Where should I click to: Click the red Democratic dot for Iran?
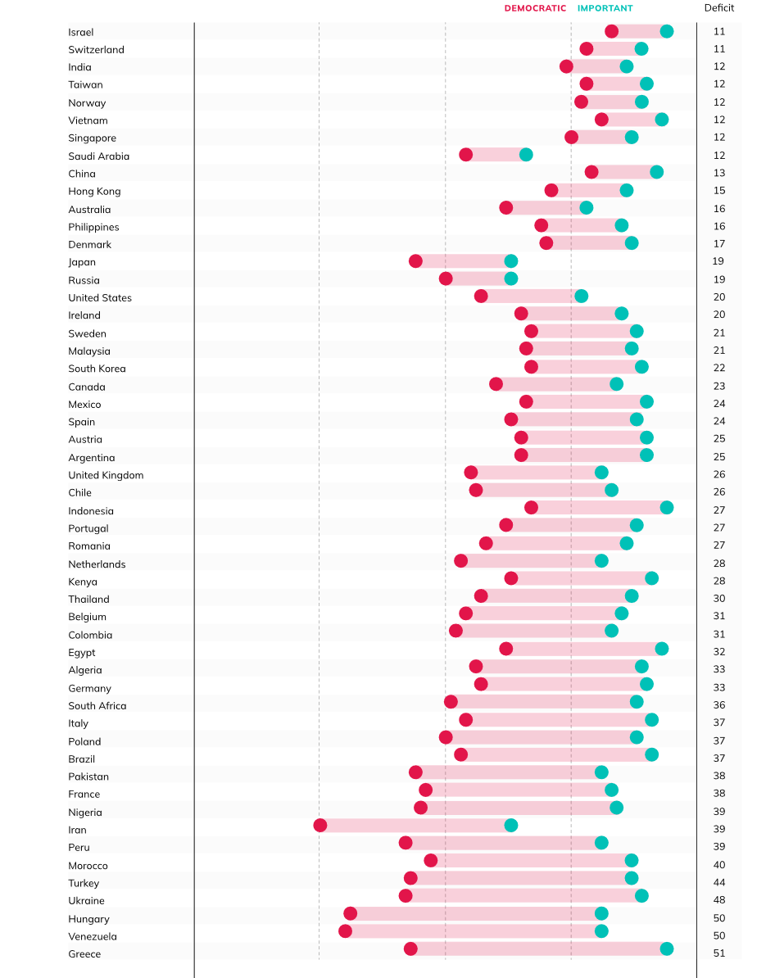(320, 825)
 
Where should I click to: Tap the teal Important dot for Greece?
(667, 949)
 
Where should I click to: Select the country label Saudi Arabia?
(98, 156)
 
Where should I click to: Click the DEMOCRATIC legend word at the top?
(535, 8)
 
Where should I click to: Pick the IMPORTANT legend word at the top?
(605, 8)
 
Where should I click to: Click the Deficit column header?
(718, 8)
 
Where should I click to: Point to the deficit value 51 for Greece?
(718, 953)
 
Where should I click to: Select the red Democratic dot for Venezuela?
(346, 930)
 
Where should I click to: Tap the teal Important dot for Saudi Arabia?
(526, 154)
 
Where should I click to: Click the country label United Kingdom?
(106, 475)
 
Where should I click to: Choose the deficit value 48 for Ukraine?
(718, 900)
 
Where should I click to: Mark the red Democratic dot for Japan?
(415, 261)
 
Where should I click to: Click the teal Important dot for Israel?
(667, 31)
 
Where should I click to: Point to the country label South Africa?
(97, 705)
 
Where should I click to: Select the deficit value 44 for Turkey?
(718, 882)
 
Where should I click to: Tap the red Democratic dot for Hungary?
(351, 913)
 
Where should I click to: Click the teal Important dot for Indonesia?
(667, 508)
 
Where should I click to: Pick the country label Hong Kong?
(94, 191)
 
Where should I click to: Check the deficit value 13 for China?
(718, 173)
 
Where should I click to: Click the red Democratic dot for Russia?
(446, 278)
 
